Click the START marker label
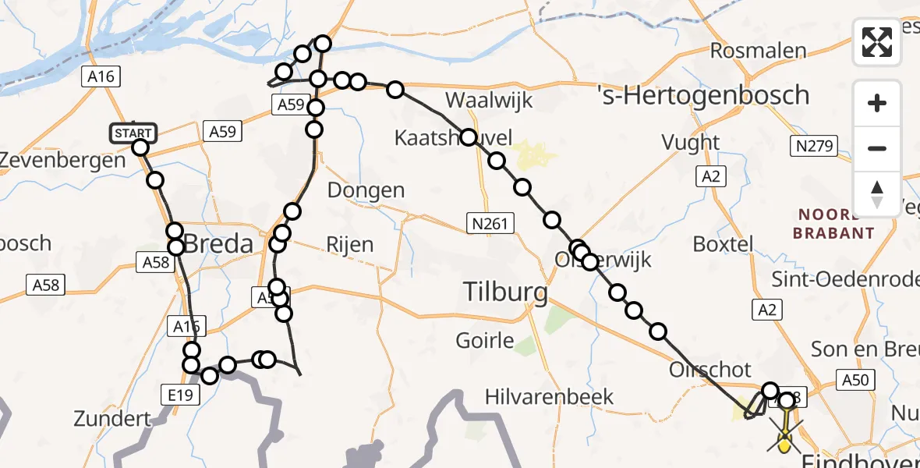click(135, 133)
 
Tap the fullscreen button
click(877, 42)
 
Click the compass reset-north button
click(877, 193)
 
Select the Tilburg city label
click(505, 292)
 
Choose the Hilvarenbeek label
click(549, 397)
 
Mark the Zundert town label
click(111, 419)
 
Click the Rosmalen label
click(758, 51)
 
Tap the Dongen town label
click(366, 190)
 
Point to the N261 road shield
click(490, 225)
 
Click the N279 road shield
click(816, 145)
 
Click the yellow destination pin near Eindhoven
click(784, 444)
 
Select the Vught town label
click(690, 142)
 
